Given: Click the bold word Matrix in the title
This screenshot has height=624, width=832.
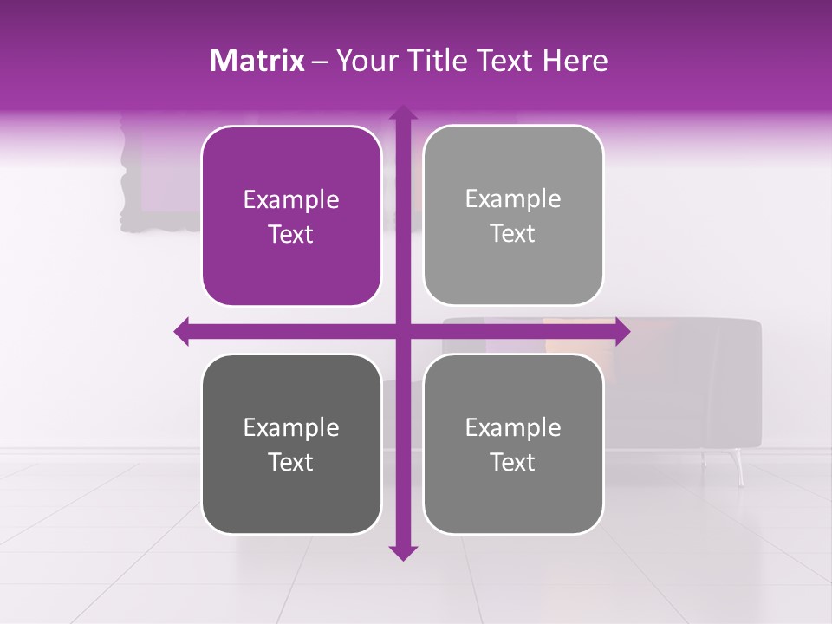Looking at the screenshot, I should (x=257, y=61).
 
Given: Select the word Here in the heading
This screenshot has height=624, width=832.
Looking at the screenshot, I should (x=575, y=61).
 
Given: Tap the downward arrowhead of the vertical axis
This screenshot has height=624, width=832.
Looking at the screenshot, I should (x=402, y=552).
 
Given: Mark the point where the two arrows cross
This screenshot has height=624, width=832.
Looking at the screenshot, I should (x=402, y=330).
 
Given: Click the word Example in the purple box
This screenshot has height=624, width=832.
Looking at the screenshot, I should (x=291, y=200).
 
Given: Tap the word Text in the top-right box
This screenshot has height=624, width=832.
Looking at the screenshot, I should (x=513, y=234).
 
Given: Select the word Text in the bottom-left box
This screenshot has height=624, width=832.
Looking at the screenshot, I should (x=291, y=462).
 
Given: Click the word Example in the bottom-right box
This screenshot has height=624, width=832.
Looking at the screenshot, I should (x=513, y=427).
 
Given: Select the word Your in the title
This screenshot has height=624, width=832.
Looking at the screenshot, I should (x=364, y=61).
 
